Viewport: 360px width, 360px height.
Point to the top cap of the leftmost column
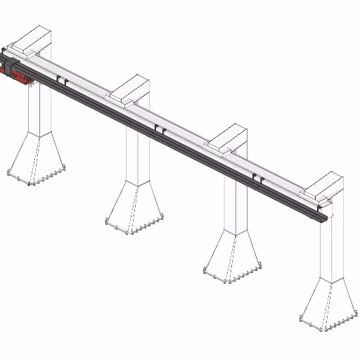coord(34,39)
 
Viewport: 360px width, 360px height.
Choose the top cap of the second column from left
coord(131,88)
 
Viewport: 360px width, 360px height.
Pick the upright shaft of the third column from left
coord(236,204)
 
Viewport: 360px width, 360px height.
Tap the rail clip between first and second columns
coord(64,83)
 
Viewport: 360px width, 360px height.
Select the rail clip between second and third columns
coord(161,130)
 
